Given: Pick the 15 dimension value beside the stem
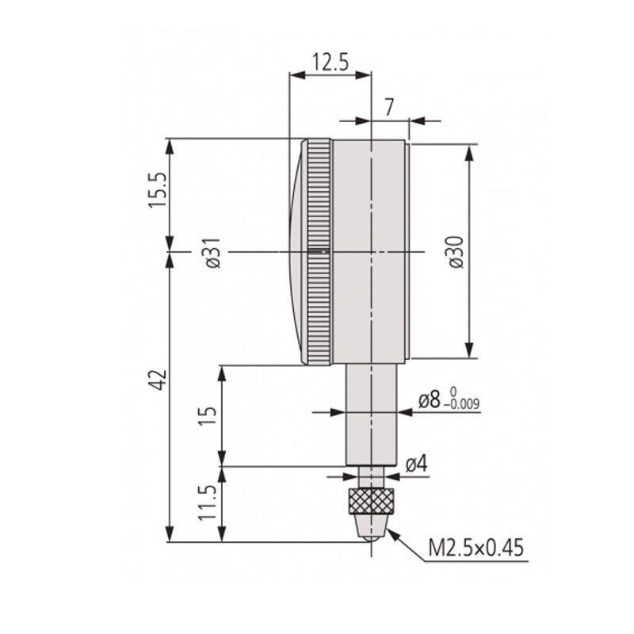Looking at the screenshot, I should (x=207, y=414).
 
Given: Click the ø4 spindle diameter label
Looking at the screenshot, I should (x=416, y=466).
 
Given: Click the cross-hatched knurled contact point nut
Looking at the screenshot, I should (x=372, y=501).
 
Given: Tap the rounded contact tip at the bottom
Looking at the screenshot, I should (x=371, y=536).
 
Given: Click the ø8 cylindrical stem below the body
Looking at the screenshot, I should (x=371, y=412).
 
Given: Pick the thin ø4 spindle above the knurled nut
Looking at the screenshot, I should (x=371, y=476).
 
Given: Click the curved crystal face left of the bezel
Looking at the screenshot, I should (x=295, y=252).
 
